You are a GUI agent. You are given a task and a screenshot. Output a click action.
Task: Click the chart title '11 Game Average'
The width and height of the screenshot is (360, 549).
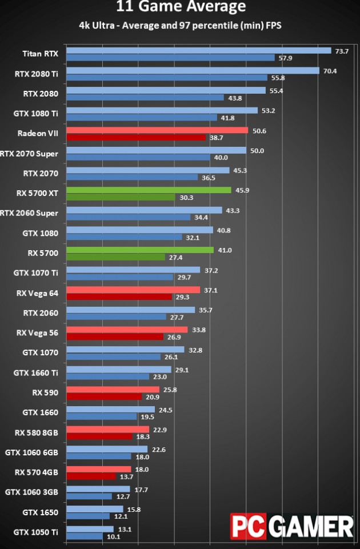(181, 6)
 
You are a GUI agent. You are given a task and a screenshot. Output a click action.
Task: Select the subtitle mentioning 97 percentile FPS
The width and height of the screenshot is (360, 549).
(180, 25)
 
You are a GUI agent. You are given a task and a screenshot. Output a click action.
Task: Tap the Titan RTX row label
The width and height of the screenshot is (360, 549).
(40, 54)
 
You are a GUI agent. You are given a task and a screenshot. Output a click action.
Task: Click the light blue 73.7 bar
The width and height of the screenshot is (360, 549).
(198, 51)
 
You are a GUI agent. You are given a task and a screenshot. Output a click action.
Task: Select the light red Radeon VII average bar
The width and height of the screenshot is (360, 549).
(157, 130)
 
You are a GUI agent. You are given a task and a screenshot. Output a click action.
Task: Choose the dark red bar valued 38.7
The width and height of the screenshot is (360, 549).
(136, 138)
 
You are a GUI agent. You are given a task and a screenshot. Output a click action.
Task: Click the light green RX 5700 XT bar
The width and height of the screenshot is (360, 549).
(149, 190)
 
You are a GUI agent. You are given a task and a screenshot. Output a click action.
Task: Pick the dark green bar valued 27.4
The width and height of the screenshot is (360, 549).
(115, 257)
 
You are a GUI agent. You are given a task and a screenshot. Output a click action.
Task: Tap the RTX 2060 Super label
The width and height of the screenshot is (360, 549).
(29, 213)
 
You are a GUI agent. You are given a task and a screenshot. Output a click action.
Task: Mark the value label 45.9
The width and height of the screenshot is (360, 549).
(242, 190)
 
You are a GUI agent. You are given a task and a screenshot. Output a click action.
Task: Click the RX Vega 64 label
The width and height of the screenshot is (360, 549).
(37, 293)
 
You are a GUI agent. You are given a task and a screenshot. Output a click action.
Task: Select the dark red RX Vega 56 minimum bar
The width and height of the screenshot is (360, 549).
(115, 337)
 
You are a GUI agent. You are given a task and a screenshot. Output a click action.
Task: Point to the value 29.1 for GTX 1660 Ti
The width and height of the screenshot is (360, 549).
(182, 370)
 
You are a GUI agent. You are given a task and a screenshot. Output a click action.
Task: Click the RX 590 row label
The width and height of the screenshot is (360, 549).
(45, 392)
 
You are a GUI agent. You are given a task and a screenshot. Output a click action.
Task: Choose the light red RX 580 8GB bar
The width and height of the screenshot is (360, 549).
(107, 429)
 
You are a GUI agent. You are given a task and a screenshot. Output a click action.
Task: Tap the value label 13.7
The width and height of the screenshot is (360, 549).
(126, 477)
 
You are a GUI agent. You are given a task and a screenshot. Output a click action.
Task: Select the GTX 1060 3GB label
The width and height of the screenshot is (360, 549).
(31, 492)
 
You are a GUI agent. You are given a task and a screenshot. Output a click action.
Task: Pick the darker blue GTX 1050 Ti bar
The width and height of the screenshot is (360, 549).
(85, 536)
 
